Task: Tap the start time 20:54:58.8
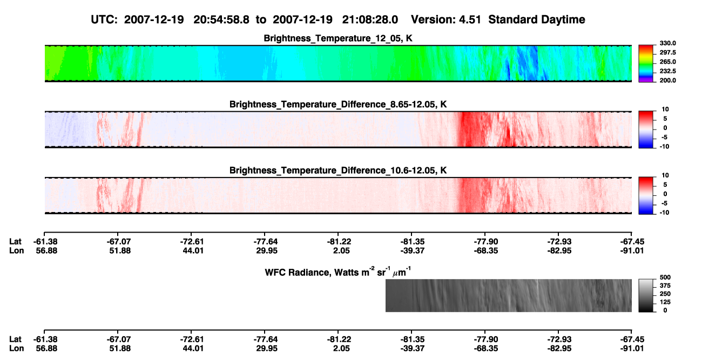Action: tap(221, 19)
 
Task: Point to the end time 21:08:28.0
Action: tap(370, 19)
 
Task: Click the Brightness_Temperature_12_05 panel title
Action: tap(338, 38)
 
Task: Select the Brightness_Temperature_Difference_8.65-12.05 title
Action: tap(338, 104)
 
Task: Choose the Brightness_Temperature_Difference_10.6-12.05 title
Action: tap(338, 171)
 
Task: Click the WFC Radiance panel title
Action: tap(338, 271)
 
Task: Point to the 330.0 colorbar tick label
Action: tap(667, 43)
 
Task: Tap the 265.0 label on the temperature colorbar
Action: tap(667, 62)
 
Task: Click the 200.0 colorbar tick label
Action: tap(667, 80)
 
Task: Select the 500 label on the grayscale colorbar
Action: tap(665, 277)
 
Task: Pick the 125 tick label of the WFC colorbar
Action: tap(665, 302)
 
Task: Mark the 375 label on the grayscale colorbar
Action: tap(665, 286)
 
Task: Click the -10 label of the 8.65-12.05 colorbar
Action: tap(664, 146)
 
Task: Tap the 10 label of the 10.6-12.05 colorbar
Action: tap(665, 175)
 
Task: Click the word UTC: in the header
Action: tap(104, 19)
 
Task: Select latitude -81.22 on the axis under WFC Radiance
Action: tap(339, 339)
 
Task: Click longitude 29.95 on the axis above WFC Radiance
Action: tap(267, 250)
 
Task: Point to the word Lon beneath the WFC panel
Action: tap(16, 349)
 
